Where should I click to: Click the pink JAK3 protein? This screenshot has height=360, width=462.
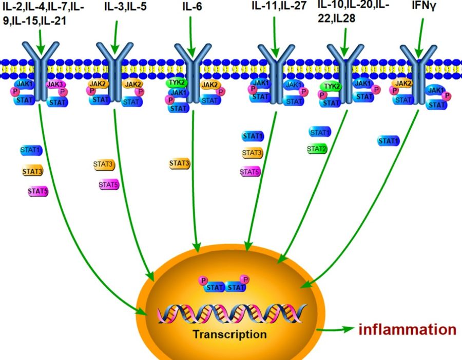pyautogui.click(x=55, y=84)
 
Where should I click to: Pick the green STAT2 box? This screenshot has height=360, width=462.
pyautogui.click(x=317, y=149)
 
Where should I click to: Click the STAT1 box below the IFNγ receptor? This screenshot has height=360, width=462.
pyautogui.click(x=389, y=141)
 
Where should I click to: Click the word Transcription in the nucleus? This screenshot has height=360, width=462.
pyautogui.click(x=230, y=334)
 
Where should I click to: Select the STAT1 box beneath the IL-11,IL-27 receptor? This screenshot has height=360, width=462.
pyautogui.click(x=253, y=136)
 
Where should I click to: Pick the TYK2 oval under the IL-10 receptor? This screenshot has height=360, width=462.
pyautogui.click(x=331, y=87)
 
